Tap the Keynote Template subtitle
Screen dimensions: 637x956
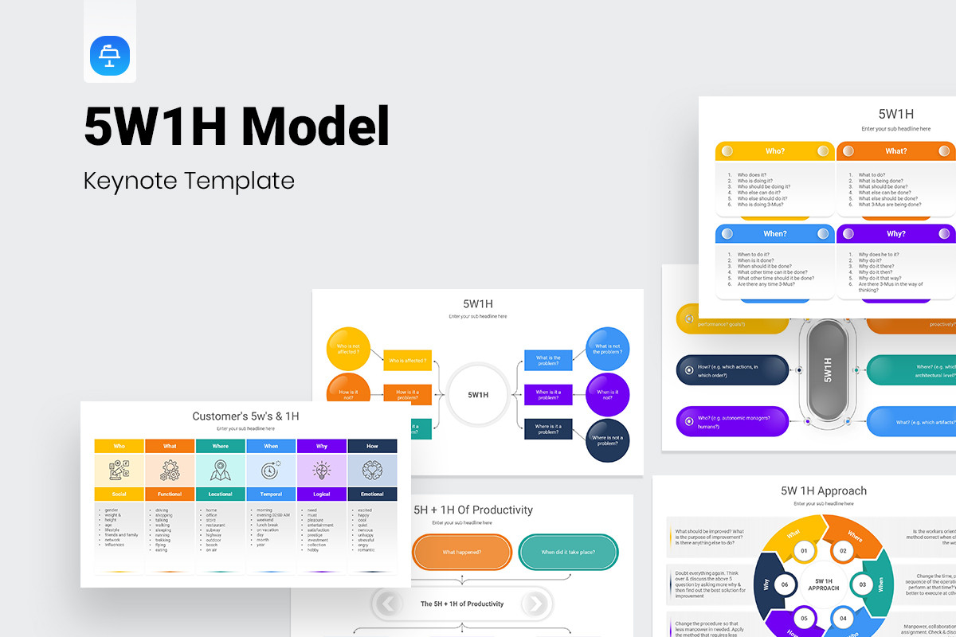[x=189, y=181]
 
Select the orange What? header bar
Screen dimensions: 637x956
[x=895, y=150]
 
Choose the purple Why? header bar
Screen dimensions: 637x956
[x=895, y=233]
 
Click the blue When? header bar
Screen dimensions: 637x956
[x=774, y=233]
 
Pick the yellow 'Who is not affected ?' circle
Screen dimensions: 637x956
[x=348, y=348]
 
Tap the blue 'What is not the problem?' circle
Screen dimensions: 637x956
[x=607, y=349]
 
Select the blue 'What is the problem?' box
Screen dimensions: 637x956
[x=548, y=360]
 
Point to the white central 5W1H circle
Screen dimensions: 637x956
[x=478, y=394]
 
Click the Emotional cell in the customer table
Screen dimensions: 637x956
[x=372, y=494]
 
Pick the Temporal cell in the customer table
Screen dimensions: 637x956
[x=271, y=494]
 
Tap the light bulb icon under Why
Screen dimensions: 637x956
[x=322, y=470]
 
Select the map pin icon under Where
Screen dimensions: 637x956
[x=221, y=470]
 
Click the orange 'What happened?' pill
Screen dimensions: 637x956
[x=462, y=552]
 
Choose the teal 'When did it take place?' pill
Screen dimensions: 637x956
[x=568, y=552]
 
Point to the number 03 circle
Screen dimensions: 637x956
[x=862, y=584]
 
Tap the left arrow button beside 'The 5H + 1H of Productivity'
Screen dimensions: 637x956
[x=388, y=604]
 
